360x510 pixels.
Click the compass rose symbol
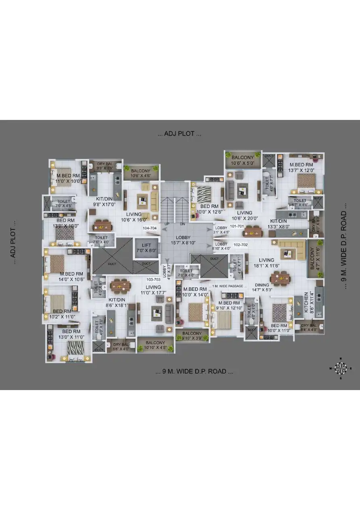341,367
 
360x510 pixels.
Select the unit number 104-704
149,228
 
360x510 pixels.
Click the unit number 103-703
153,279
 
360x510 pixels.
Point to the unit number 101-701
237,226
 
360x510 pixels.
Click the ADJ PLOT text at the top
179,134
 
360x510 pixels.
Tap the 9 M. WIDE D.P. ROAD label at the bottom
194,371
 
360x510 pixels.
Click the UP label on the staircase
166,224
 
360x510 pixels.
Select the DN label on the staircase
182,224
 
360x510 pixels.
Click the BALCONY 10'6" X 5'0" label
243,160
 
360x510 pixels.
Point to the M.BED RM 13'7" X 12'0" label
301,168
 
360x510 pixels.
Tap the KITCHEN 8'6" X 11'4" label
309,302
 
